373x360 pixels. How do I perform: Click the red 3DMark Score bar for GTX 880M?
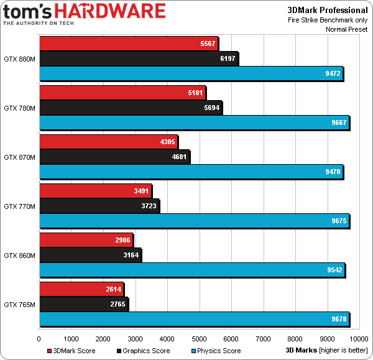pyautogui.click(x=128, y=43)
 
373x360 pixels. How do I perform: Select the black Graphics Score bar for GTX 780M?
pyautogui.click(x=131, y=108)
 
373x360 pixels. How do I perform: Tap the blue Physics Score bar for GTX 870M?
pyautogui.click(x=191, y=171)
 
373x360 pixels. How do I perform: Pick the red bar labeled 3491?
pyautogui.click(x=95, y=191)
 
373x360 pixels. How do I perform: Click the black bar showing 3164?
pyautogui.click(x=90, y=255)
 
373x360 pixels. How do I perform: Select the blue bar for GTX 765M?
pyautogui.click(x=194, y=319)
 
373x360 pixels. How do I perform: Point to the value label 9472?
pyautogui.click(x=331, y=74)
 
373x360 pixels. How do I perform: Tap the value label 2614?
pyautogui.click(x=113, y=290)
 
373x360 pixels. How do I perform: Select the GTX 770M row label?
pyautogui.click(x=19, y=206)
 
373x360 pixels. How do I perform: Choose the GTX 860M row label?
pyautogui.click(x=19, y=255)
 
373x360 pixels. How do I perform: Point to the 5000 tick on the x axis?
pyautogui.click(x=199, y=339)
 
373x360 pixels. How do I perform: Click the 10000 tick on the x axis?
pyautogui.click(x=359, y=339)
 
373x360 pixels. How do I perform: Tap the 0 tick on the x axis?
pyautogui.click(x=39, y=339)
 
